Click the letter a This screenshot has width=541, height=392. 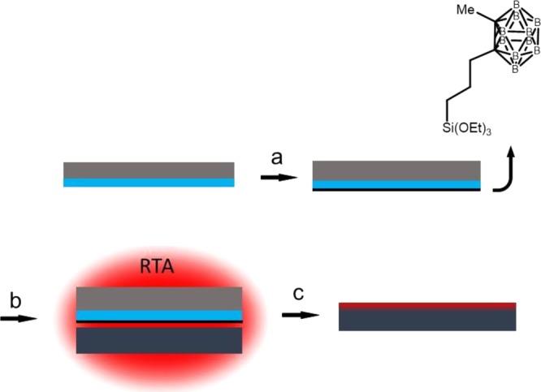point(276,158)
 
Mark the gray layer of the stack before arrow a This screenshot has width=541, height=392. point(149,170)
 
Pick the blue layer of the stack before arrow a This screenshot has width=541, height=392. point(149,183)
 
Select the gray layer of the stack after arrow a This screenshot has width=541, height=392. point(396,170)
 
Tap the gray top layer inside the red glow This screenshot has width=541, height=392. point(159,298)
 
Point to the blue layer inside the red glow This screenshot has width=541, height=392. point(159,315)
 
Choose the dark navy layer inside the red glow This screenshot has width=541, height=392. point(159,340)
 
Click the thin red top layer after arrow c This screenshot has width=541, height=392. point(427,305)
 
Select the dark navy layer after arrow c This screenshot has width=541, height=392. point(427,321)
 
